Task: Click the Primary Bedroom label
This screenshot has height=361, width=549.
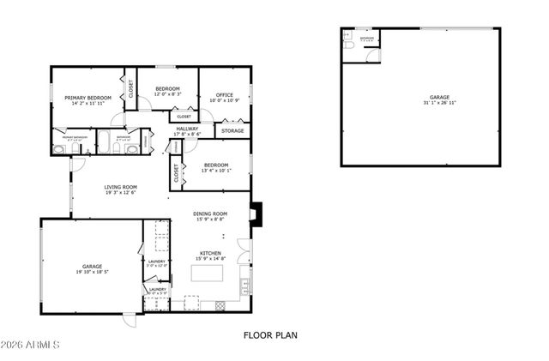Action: coord(88,98)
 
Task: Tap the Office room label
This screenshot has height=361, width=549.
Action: coord(225,95)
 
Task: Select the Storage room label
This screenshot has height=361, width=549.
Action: coord(232,131)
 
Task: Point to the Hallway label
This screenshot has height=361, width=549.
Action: coord(187,129)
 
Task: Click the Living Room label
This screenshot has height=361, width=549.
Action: coord(121,187)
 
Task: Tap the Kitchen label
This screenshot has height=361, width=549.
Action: coord(211,253)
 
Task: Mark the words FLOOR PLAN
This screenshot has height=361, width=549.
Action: coord(270,335)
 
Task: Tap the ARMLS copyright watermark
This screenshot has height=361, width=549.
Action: coord(31,346)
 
